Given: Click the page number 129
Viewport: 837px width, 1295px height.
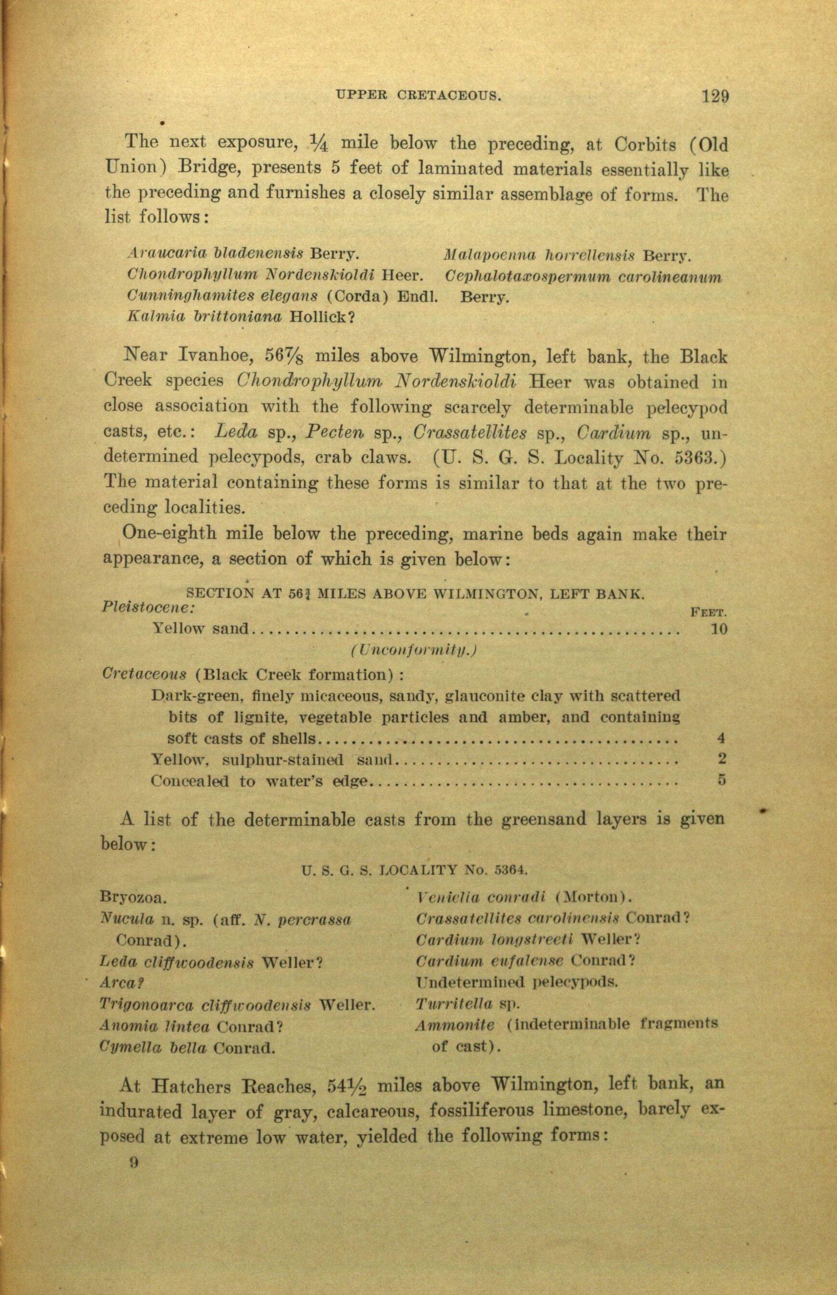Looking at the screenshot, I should point(714,97).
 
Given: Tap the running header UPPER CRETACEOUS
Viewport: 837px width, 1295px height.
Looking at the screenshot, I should point(418,97).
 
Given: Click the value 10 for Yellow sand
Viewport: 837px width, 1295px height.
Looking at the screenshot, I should point(718,629).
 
